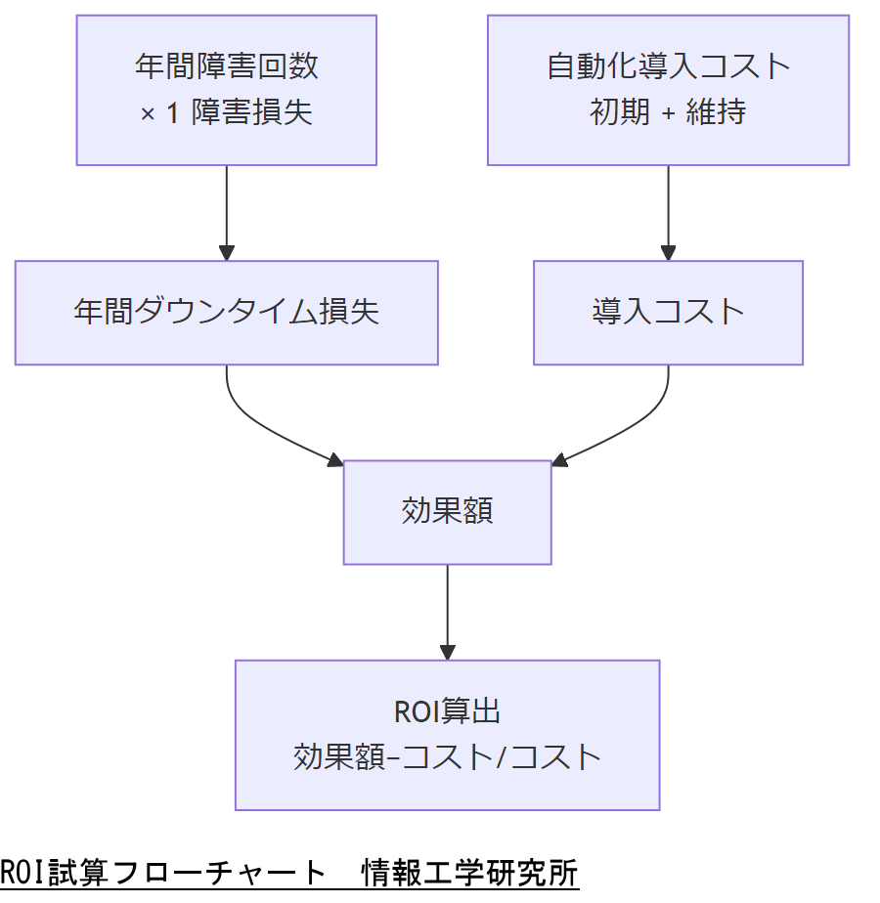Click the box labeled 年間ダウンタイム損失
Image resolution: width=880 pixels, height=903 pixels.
pos(226,313)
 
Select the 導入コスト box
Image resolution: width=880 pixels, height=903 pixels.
pos(668,313)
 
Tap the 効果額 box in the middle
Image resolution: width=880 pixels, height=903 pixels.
pos(447,512)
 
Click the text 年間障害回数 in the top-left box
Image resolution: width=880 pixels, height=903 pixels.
pos(226,66)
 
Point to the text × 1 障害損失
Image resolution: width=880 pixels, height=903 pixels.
pos(226,112)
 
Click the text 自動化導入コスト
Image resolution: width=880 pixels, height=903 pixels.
pos(668,66)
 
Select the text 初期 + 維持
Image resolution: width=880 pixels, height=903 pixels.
pos(668,112)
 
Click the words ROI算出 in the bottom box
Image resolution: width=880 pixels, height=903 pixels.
pos(447,710)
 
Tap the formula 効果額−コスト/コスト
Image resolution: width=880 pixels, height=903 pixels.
pos(447,756)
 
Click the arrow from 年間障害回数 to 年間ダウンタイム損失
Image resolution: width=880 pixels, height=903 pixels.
pos(226,210)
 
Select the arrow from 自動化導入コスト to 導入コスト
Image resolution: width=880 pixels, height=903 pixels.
pos(668,210)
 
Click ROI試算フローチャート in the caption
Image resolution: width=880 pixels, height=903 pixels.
pos(162,873)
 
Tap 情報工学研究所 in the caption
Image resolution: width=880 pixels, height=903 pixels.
pos(469,873)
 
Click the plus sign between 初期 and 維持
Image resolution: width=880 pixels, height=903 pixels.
pos(669,113)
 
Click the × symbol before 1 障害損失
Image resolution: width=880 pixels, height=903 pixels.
pos(148,114)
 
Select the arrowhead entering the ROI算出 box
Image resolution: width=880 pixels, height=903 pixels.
pos(447,652)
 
